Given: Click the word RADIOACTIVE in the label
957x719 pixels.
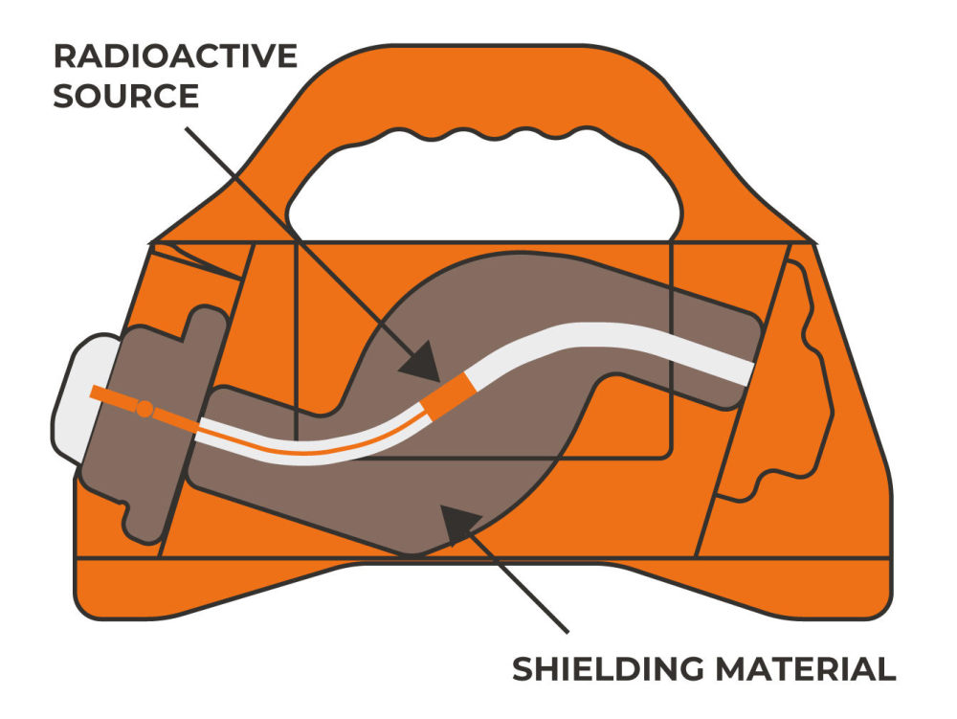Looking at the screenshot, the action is [175, 56].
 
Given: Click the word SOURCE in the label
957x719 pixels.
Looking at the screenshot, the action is [126, 96].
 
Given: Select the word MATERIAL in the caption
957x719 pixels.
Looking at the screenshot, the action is [806, 669].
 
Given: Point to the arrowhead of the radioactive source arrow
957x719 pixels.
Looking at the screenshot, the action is [422, 363].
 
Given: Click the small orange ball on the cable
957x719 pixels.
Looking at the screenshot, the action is [145, 409].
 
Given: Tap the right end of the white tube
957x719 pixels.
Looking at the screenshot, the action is [749, 373].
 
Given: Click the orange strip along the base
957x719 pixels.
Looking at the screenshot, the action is [482, 587].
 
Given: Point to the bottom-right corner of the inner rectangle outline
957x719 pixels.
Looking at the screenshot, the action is [670, 456].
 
